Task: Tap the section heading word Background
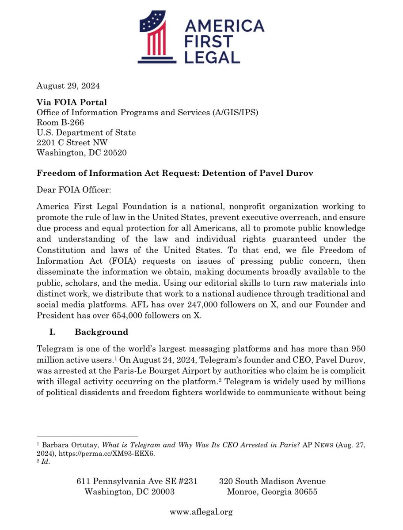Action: [x=102, y=332]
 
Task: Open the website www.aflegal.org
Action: [x=201, y=512]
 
